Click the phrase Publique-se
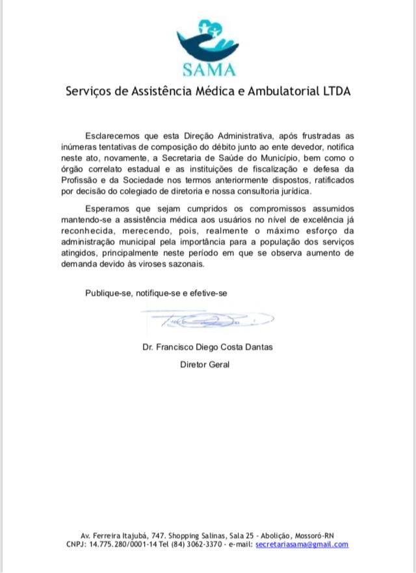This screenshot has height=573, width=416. [x=107, y=293]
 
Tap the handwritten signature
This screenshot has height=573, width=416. [x=208, y=320]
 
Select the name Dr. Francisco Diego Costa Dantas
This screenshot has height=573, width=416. [x=208, y=347]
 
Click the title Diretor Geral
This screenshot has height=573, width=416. [x=205, y=364]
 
